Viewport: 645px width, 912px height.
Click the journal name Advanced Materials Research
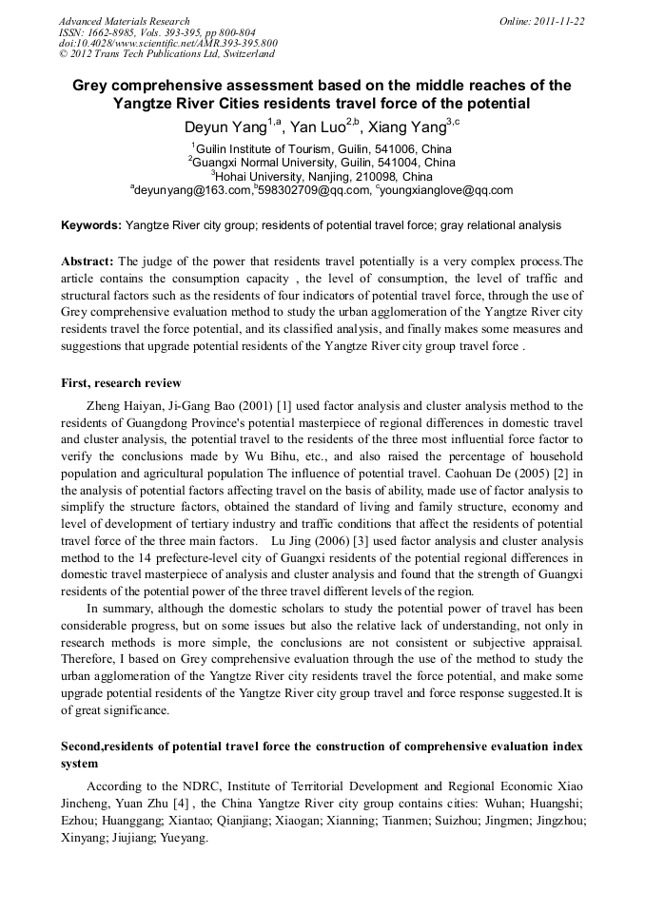(x=124, y=21)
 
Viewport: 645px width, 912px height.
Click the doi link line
(x=168, y=43)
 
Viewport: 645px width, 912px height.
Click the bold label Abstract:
(x=88, y=261)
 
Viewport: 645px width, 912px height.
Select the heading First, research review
(x=121, y=383)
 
